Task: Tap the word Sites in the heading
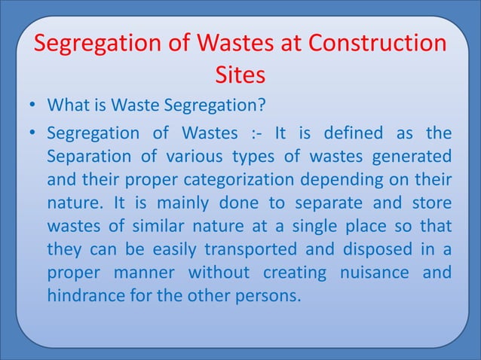pos(240,76)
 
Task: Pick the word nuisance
pos(371,272)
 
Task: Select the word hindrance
pos(82,295)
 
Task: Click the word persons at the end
pos(267,295)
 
